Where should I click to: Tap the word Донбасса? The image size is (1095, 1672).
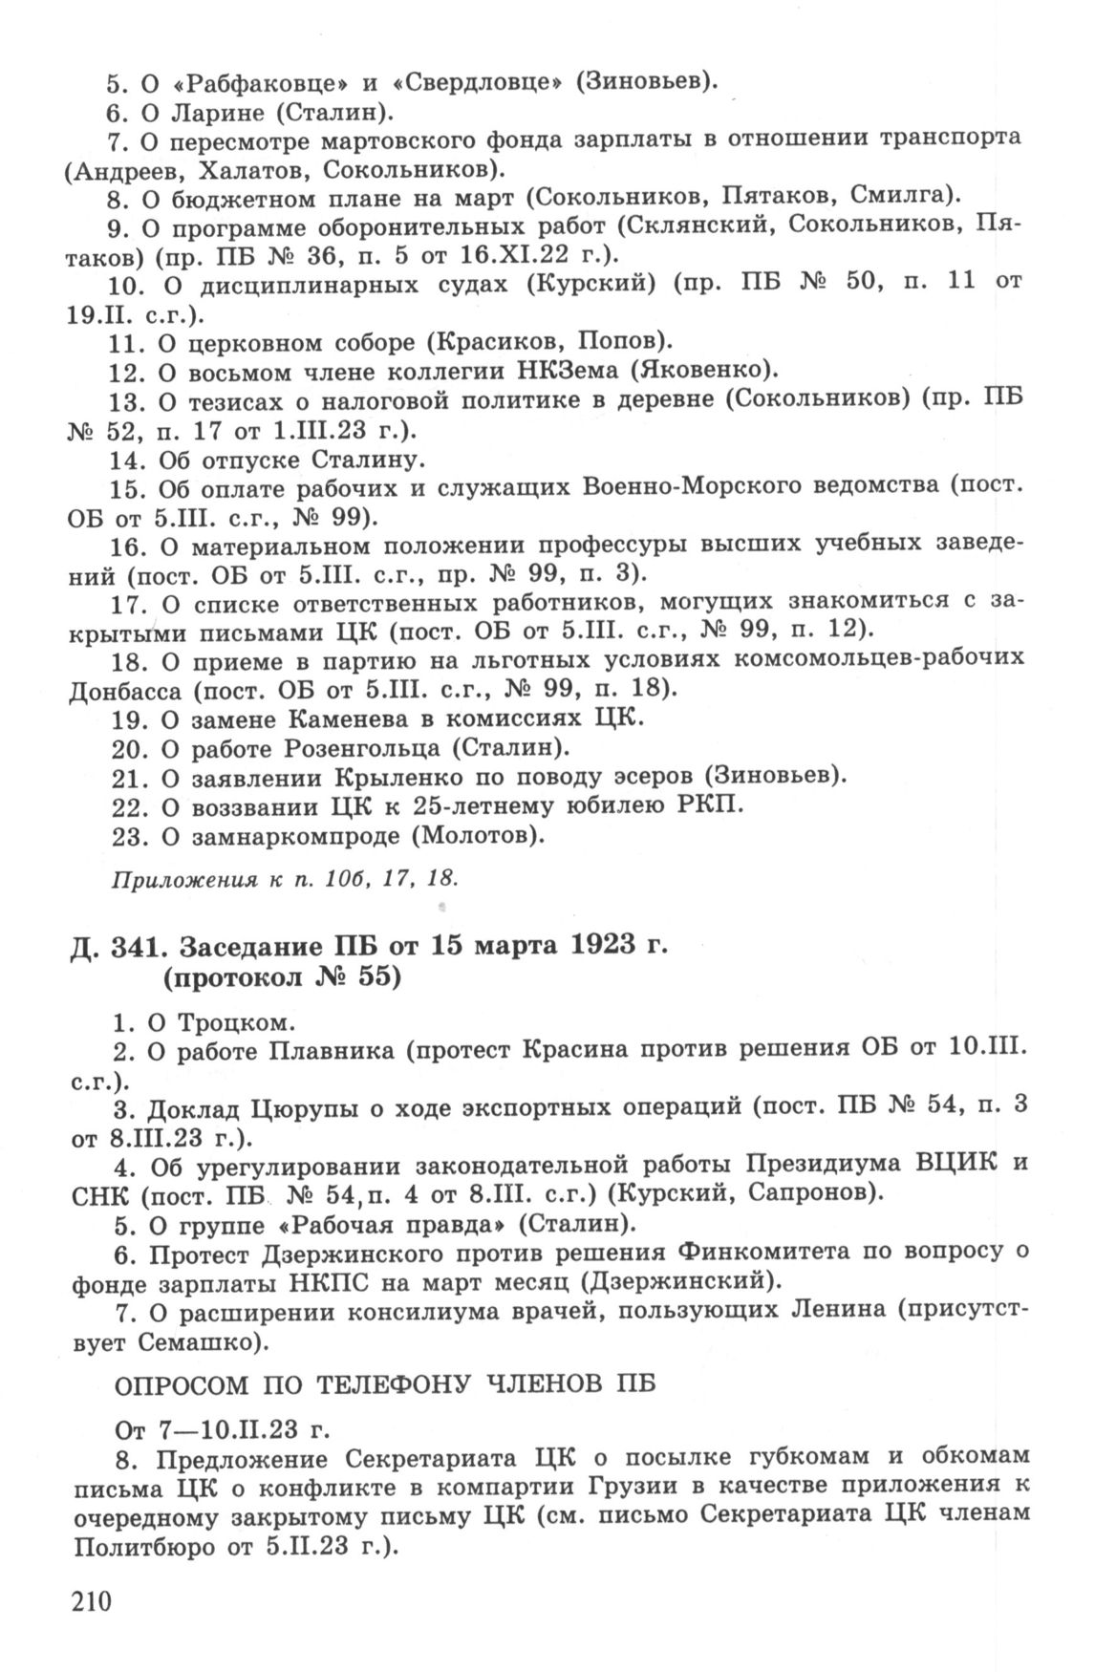coord(124,688)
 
